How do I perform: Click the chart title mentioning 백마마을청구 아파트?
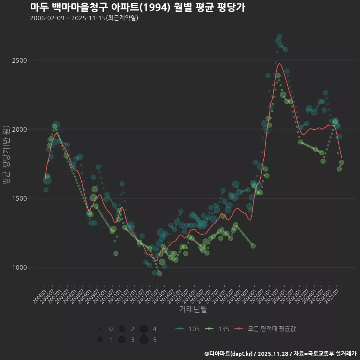(x=137, y=7)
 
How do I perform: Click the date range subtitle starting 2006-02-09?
(x=84, y=18)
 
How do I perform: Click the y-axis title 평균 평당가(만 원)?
(x=6, y=156)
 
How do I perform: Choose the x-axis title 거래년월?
(x=193, y=309)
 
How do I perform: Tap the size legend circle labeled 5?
(x=144, y=340)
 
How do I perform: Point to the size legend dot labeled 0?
(x=100, y=329)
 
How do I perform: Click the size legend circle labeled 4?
(x=144, y=329)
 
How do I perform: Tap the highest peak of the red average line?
(x=279, y=63)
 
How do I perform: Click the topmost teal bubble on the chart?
(x=279, y=37)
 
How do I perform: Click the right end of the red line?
(x=341, y=158)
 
